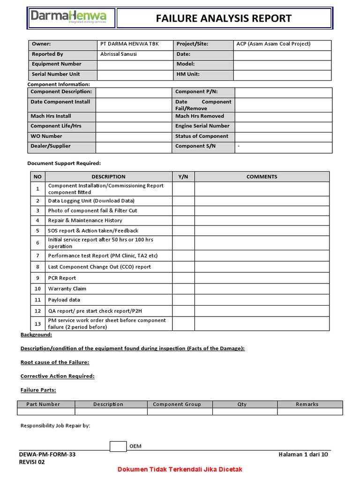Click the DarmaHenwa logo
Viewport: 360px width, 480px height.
point(68,18)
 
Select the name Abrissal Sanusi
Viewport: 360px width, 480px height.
point(120,54)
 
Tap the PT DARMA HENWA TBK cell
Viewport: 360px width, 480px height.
point(129,44)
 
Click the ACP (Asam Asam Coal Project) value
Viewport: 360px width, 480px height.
point(273,44)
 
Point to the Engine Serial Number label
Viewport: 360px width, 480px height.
point(202,126)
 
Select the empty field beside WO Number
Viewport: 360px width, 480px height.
point(133,136)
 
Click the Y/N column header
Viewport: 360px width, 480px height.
point(183,177)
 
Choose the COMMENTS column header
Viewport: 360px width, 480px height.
point(262,177)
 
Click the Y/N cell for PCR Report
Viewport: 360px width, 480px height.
point(183,278)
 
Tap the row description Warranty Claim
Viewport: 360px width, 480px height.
point(67,289)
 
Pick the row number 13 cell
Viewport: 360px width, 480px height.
point(37,323)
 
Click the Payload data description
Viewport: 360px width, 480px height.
point(64,300)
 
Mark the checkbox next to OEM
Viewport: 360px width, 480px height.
point(118,446)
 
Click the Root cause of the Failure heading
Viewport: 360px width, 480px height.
point(55,362)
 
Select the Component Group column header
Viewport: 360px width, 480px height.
point(177,404)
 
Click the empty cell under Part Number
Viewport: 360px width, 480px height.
point(46,412)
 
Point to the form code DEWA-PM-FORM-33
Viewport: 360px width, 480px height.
point(47,454)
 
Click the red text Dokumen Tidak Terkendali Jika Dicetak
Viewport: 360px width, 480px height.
point(180,469)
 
